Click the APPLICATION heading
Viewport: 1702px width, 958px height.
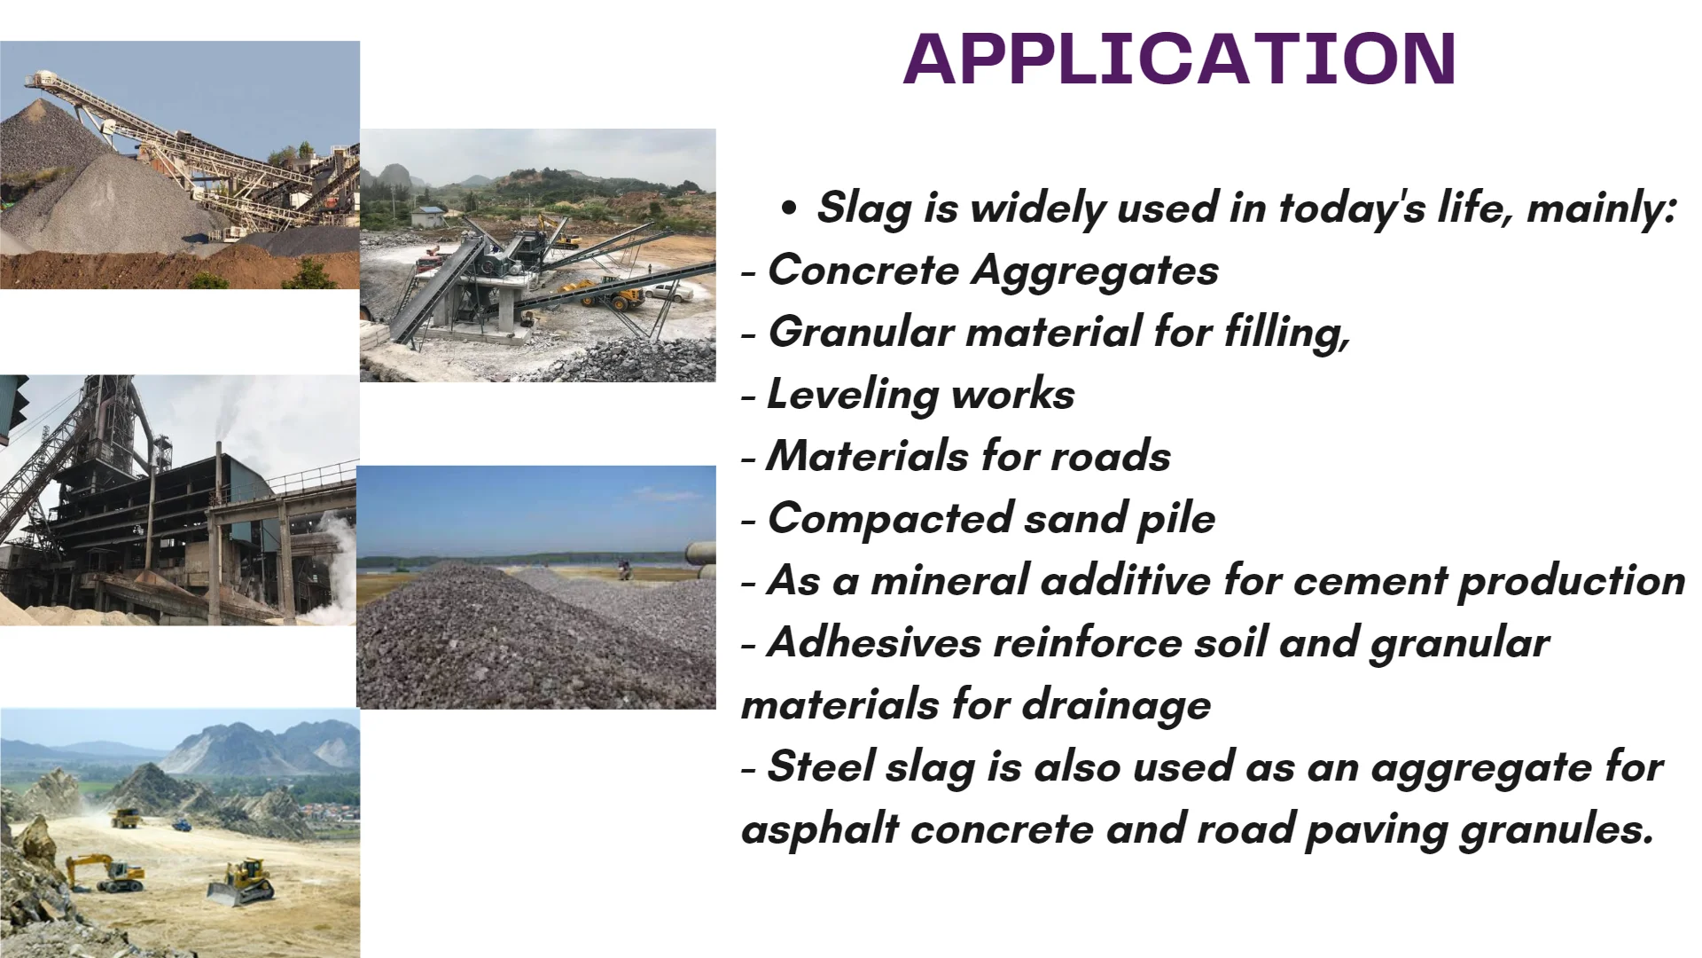click(x=1179, y=59)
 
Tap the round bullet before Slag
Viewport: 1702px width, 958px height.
click(x=788, y=209)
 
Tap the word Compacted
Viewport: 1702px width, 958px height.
click(x=890, y=519)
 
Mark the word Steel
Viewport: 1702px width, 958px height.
click(x=820, y=767)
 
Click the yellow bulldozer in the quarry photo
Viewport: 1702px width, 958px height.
click(x=240, y=883)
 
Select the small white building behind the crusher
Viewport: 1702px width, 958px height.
click(x=428, y=216)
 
